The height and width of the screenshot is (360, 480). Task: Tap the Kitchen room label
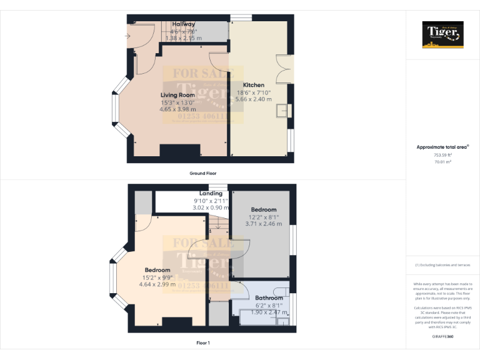tap(254, 85)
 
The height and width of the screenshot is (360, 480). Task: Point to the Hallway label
tap(183, 24)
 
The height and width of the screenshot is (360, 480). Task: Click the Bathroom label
tap(269, 298)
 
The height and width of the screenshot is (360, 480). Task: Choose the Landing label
tap(211, 194)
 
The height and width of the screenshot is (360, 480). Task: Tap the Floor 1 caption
tap(203, 343)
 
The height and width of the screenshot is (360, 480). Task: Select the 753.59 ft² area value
tap(442, 154)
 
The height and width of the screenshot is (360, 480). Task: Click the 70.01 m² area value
tap(442, 161)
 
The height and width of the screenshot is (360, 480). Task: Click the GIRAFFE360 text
tap(442, 337)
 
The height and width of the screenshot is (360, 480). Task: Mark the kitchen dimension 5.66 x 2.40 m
tap(254, 99)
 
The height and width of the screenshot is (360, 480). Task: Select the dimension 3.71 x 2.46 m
tap(263, 223)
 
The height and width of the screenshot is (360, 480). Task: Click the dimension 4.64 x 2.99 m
tap(159, 284)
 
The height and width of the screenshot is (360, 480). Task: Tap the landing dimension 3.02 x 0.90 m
tap(211, 207)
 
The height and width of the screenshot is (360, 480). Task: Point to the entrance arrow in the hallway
tap(128, 36)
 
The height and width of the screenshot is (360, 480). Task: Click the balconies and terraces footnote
tap(442, 265)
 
